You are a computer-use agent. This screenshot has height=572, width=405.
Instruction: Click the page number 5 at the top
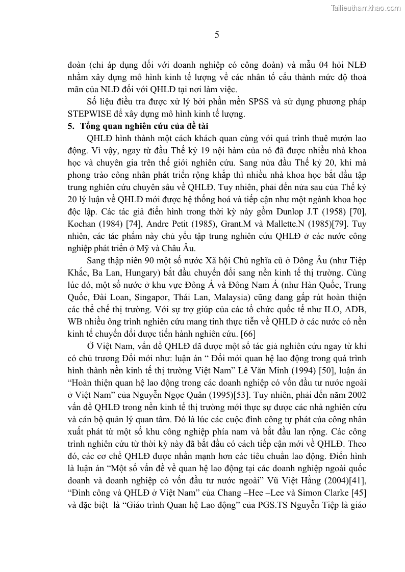coord(217,35)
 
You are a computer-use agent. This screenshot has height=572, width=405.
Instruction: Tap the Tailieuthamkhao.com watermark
coord(366,8)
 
